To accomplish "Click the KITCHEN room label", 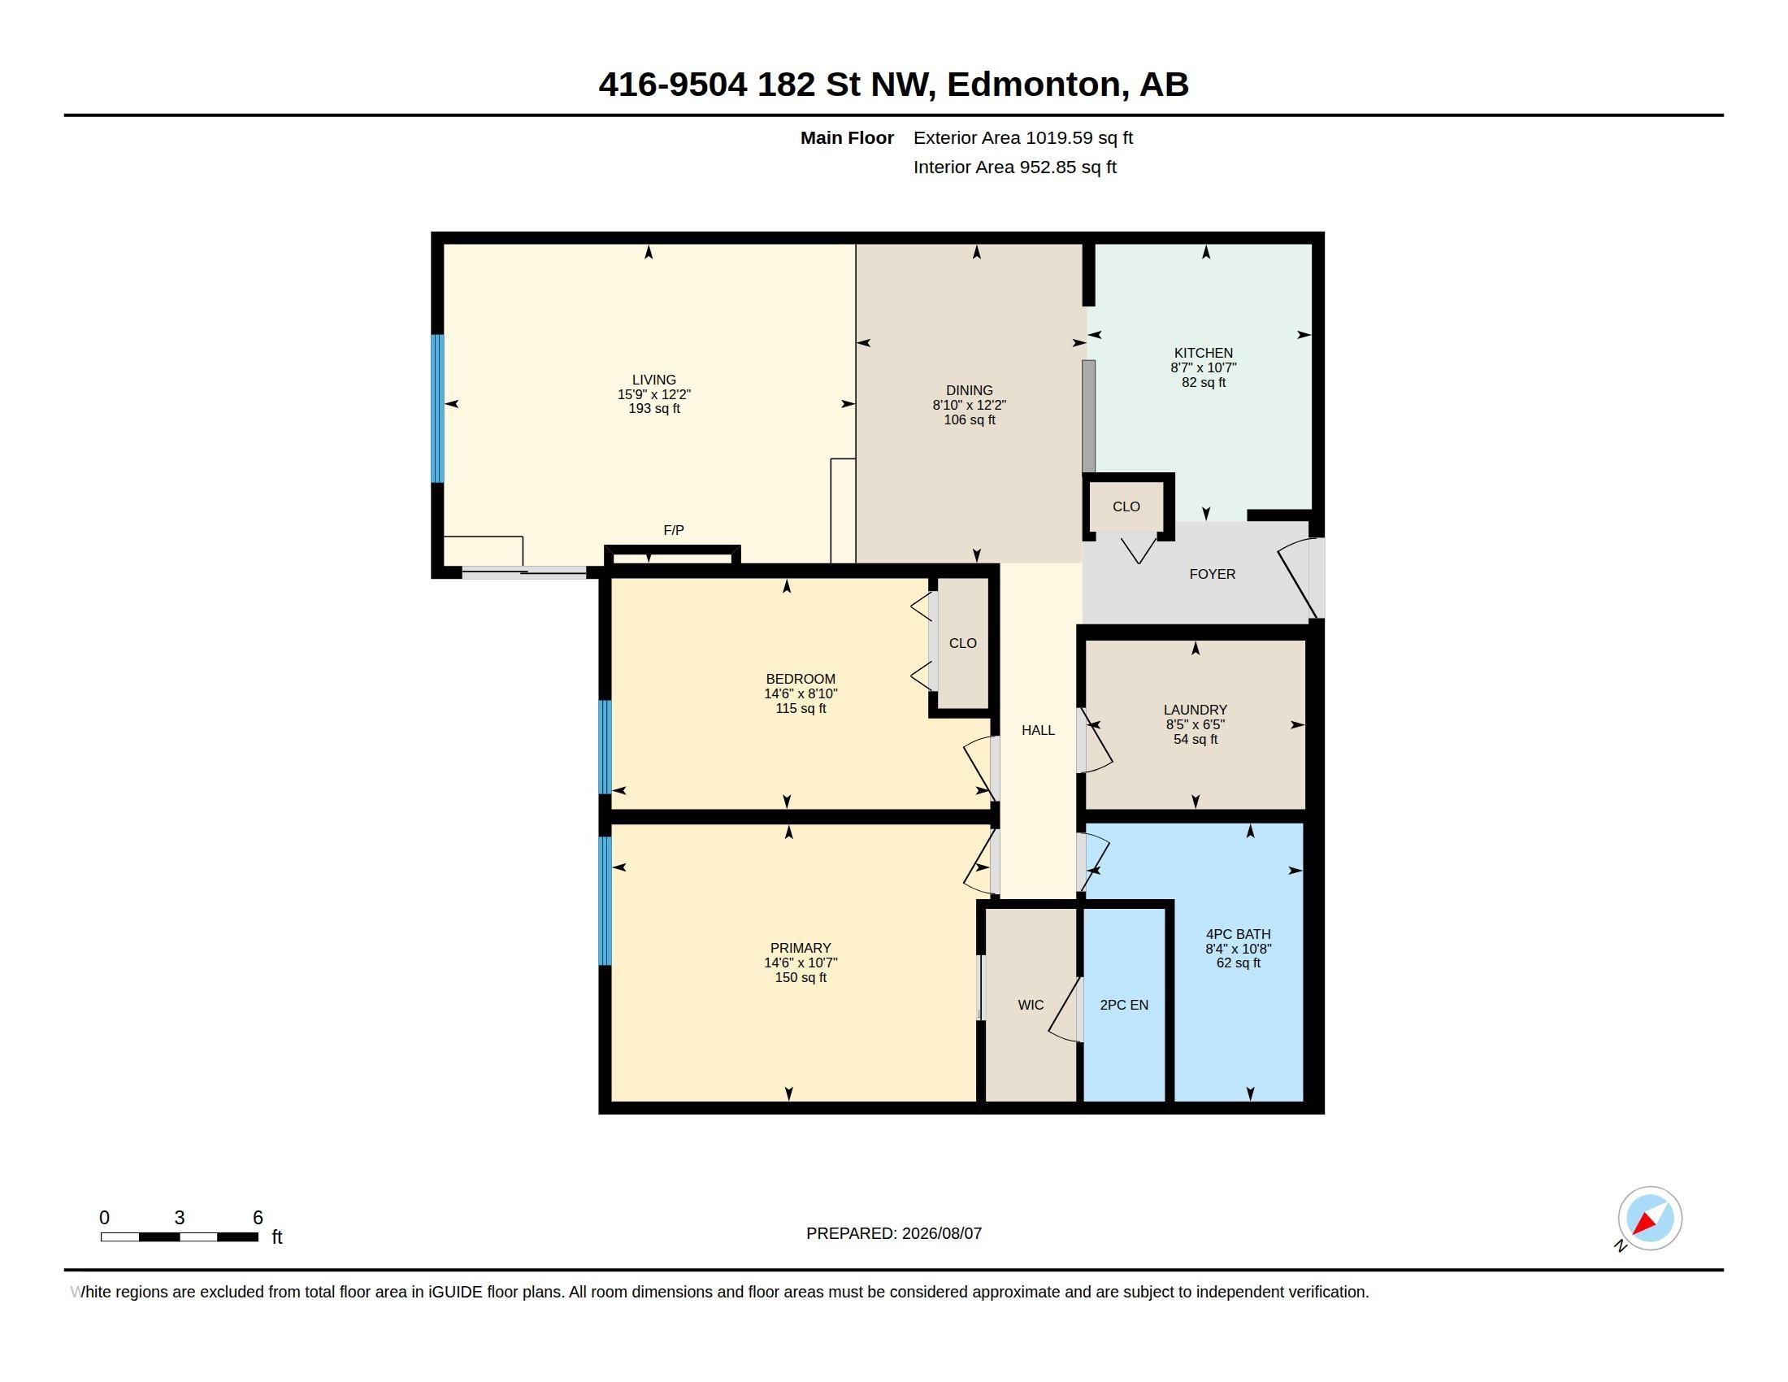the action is coord(1204,353).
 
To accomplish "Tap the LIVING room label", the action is coord(654,380).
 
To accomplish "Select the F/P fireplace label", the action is coord(674,531).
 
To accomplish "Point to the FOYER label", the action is coord(1213,575).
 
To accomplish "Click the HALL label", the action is coord(1038,730).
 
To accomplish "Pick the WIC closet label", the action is coord(1031,1006).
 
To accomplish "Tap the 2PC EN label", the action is coord(1124,1006).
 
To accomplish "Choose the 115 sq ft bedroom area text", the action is coord(801,709).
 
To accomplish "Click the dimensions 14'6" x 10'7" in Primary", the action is coord(801,963).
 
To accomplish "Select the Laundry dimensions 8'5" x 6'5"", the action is coord(1196,725).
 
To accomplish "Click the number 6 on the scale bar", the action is coord(258,1218).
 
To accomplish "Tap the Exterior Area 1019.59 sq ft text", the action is coord(1023,138).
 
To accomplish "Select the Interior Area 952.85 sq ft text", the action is coord(1015,167).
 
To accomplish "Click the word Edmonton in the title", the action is coord(1034,85).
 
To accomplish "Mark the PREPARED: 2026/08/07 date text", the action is coord(894,1234).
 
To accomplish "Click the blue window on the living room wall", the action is coord(438,409).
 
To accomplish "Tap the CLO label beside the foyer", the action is coord(1126,506).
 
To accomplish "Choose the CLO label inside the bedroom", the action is coord(963,644).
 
